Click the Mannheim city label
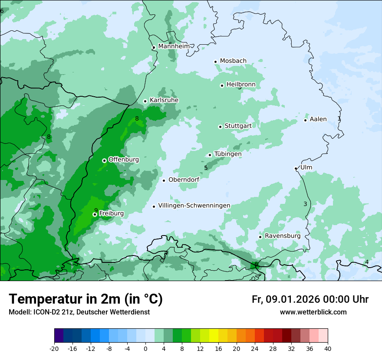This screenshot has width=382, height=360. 174,46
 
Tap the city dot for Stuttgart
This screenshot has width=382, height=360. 220,127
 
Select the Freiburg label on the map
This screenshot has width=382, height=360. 111,213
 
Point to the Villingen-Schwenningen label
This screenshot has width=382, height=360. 194,206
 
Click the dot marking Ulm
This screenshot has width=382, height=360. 296,168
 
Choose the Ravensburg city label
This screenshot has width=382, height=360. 282,236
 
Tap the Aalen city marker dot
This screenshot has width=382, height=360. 305,120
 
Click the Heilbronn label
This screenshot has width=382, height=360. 241,84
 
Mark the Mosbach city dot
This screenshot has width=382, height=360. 215,62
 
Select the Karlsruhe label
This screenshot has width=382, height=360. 164,100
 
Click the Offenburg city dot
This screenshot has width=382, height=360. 104,160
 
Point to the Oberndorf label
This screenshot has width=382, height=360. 184,180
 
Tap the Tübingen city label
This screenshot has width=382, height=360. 228,154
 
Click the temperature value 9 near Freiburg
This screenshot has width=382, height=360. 96,210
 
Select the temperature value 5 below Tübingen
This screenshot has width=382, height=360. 206,168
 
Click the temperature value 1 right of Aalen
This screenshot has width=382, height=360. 339,118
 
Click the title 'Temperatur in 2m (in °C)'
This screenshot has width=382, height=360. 86,299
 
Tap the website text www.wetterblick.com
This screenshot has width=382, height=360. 313,312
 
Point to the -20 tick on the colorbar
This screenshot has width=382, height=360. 54,348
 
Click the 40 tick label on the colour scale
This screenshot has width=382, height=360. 328,348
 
